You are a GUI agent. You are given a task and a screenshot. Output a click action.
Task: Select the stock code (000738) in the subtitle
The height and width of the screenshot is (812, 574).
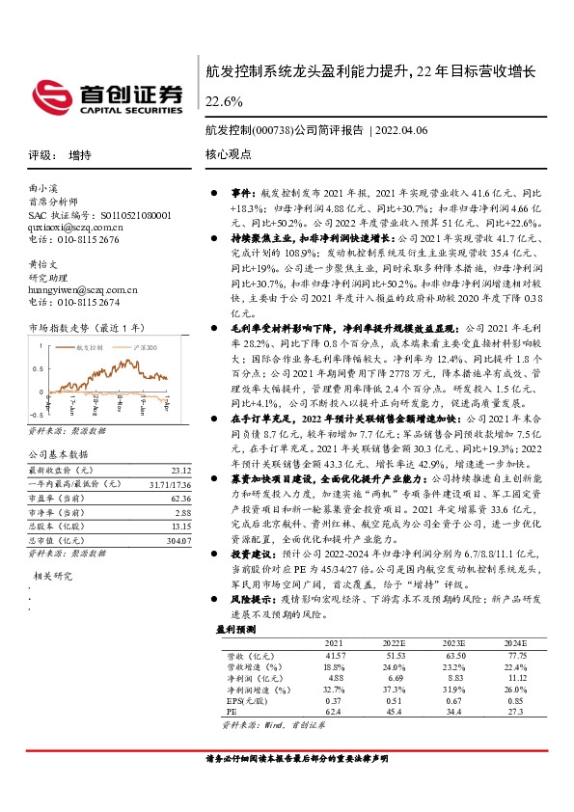click(271, 129)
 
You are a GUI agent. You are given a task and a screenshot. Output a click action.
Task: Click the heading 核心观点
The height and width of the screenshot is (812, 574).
click(228, 154)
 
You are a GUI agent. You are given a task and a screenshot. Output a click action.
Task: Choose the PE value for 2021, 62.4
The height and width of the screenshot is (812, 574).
click(335, 711)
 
